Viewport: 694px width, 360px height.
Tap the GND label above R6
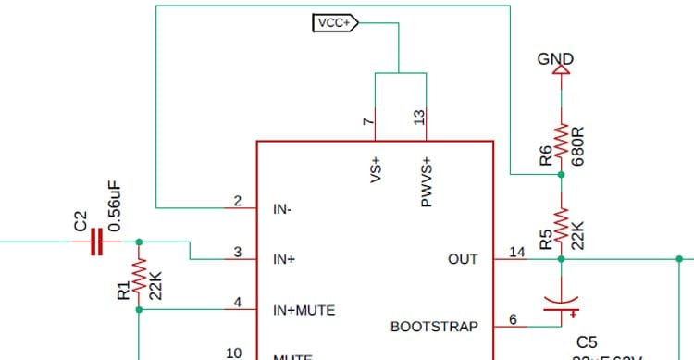(x=555, y=59)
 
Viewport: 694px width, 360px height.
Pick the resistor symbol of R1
(x=139, y=276)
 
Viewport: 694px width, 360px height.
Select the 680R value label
(x=578, y=143)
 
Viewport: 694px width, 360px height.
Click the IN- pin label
(x=282, y=209)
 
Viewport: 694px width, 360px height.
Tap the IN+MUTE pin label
(x=304, y=309)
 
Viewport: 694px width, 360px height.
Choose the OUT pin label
(x=463, y=259)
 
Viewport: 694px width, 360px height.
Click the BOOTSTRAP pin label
(x=434, y=327)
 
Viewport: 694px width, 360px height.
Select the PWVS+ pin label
(x=427, y=181)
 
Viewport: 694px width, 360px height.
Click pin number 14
(x=516, y=251)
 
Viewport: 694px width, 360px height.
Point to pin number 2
(x=237, y=201)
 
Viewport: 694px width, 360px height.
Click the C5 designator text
(x=588, y=342)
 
